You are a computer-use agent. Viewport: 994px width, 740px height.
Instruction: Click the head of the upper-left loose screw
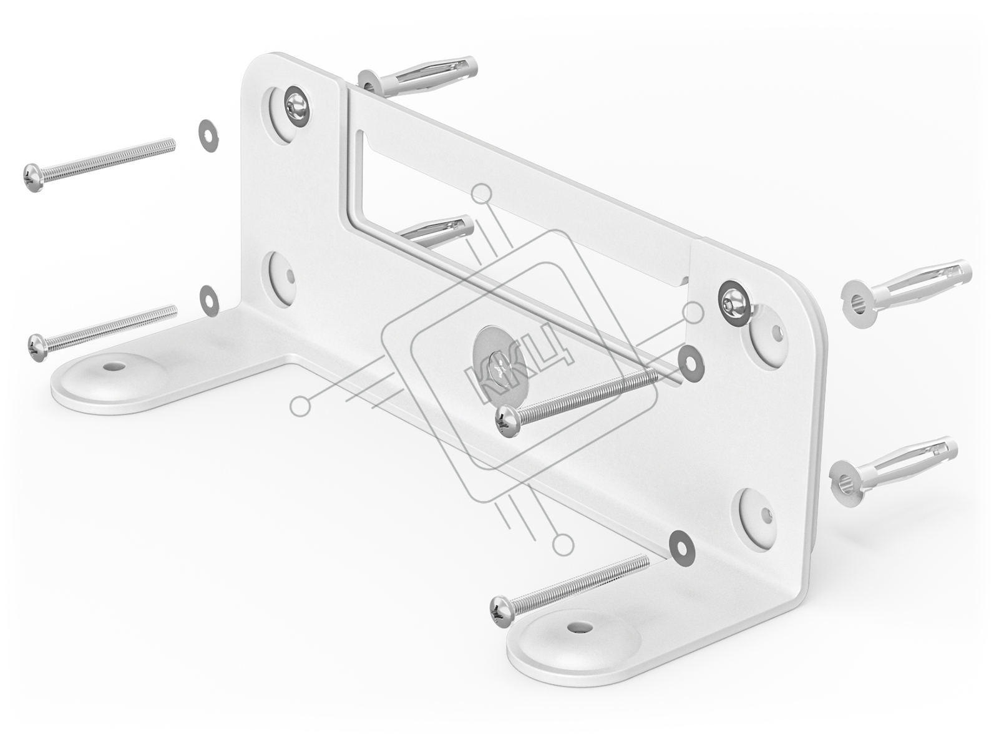pyautogui.click(x=33, y=178)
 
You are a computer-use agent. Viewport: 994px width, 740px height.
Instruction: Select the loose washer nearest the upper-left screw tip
pyautogui.click(x=208, y=135)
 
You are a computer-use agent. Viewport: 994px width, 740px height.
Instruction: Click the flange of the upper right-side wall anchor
pyautogui.click(x=860, y=304)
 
